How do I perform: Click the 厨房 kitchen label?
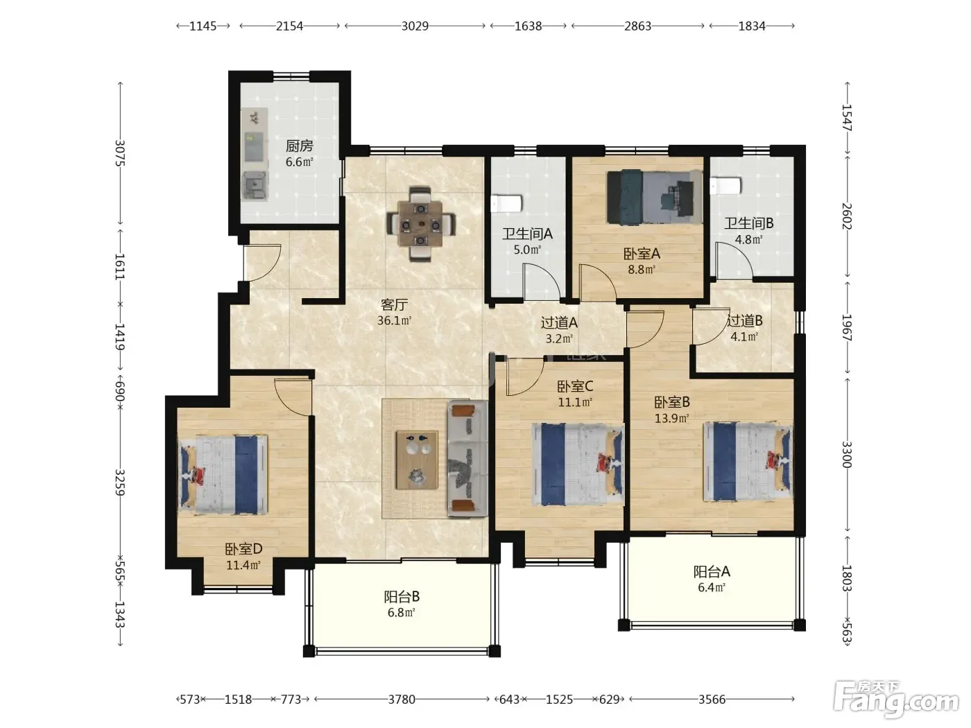(299, 146)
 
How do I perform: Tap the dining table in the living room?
(420, 224)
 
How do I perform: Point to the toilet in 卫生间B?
(725, 186)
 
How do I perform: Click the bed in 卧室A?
(654, 197)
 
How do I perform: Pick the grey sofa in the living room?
(467, 458)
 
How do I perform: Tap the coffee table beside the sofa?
(417, 460)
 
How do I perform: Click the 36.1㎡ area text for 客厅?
(394, 320)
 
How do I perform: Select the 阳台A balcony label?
(712, 571)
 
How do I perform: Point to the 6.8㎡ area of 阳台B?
(401, 613)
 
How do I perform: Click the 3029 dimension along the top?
(415, 26)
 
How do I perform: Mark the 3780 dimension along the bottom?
(402, 700)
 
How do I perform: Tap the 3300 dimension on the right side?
(846, 454)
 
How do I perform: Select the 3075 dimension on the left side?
(120, 153)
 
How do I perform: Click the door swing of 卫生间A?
(542, 281)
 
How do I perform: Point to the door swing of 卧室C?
(525, 376)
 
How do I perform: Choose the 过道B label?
(744, 320)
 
